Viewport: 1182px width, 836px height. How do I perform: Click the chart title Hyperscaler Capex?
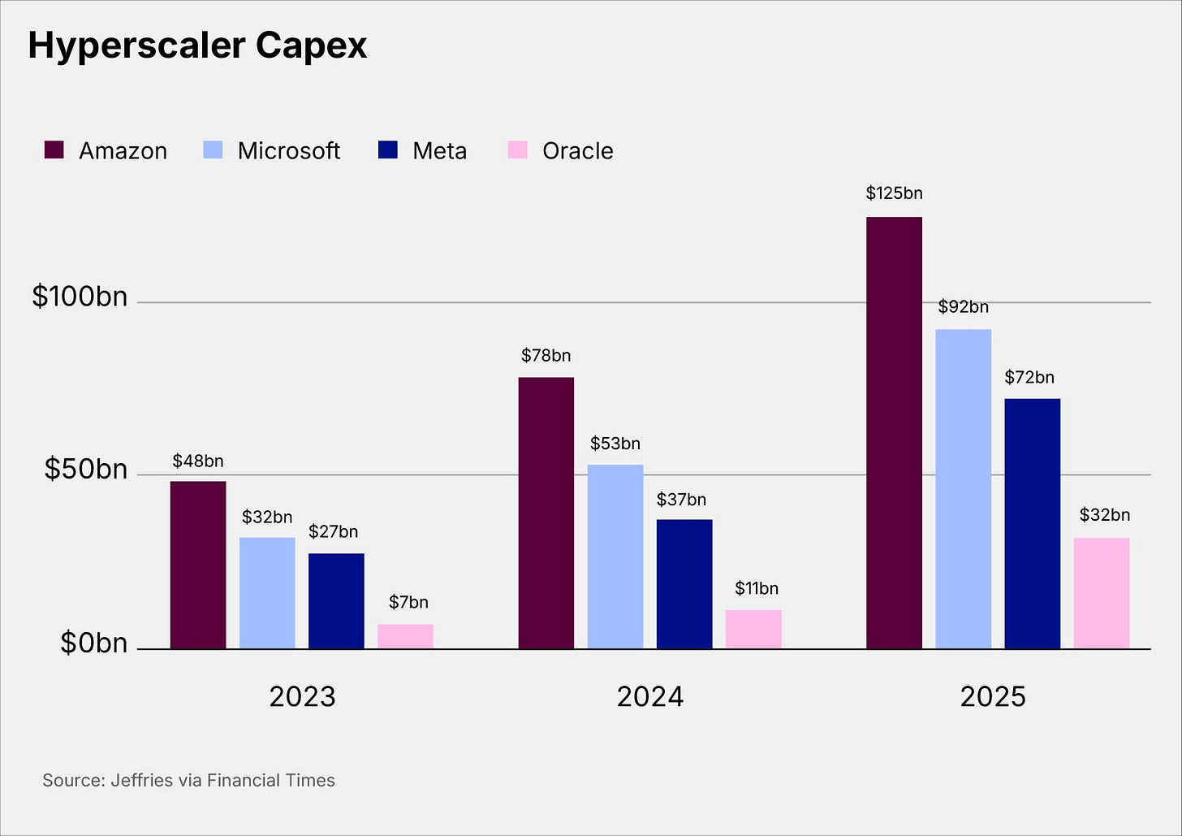pos(197,46)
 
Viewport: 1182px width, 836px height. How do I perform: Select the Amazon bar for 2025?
pos(894,432)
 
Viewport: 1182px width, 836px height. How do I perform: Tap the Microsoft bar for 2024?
pos(615,557)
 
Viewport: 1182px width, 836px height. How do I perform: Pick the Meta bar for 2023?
pos(336,601)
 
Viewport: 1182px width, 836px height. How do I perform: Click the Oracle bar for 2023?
pos(405,636)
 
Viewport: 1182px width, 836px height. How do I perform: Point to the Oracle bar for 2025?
pos(1101,593)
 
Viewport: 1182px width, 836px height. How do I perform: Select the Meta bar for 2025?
pos(1032,523)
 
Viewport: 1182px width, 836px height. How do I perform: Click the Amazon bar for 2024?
pos(546,513)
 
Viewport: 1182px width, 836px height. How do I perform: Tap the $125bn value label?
pos(894,193)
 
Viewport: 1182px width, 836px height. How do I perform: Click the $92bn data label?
pos(963,307)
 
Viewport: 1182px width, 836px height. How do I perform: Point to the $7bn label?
pos(408,602)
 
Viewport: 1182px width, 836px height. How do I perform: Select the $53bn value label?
pos(615,444)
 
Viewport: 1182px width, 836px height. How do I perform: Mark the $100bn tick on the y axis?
pos(80,297)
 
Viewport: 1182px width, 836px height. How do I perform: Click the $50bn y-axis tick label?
pos(85,470)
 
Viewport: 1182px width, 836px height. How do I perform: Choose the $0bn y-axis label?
pos(93,643)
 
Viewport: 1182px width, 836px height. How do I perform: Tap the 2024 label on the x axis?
pos(649,696)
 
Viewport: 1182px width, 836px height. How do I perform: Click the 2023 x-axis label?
pos(302,696)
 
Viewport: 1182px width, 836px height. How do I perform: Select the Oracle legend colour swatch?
pos(517,150)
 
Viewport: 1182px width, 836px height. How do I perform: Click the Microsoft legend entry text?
pos(288,151)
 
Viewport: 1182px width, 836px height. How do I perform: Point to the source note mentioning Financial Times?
pos(188,781)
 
